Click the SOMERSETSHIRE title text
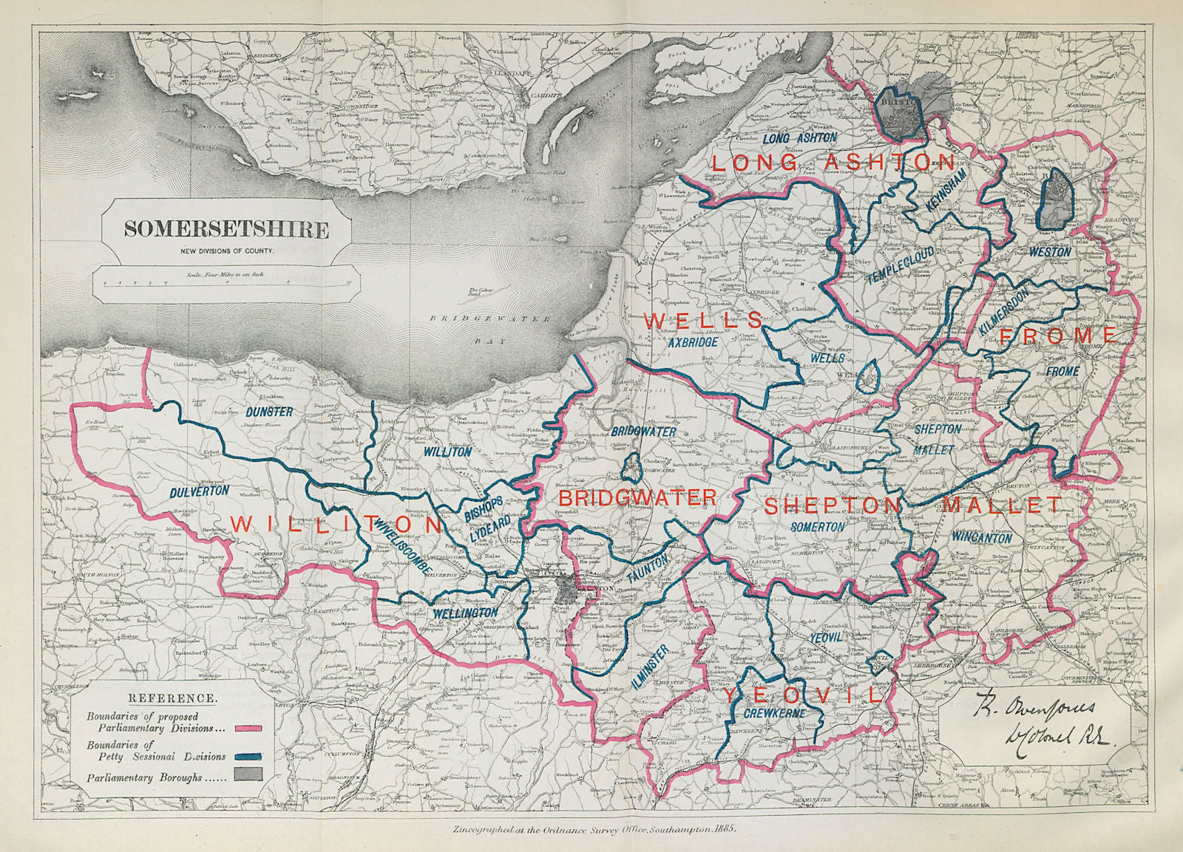(x=226, y=229)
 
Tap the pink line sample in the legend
(x=250, y=729)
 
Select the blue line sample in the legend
(x=250, y=757)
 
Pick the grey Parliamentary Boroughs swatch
(x=250, y=775)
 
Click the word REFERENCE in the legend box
(x=172, y=698)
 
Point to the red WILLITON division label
(x=336, y=525)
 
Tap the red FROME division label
(x=1057, y=337)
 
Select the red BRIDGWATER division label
(x=637, y=497)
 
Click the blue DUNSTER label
(x=269, y=412)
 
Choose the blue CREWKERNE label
(x=773, y=714)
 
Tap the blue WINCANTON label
(x=982, y=537)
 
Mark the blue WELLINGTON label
(x=465, y=613)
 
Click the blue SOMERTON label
(x=817, y=528)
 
